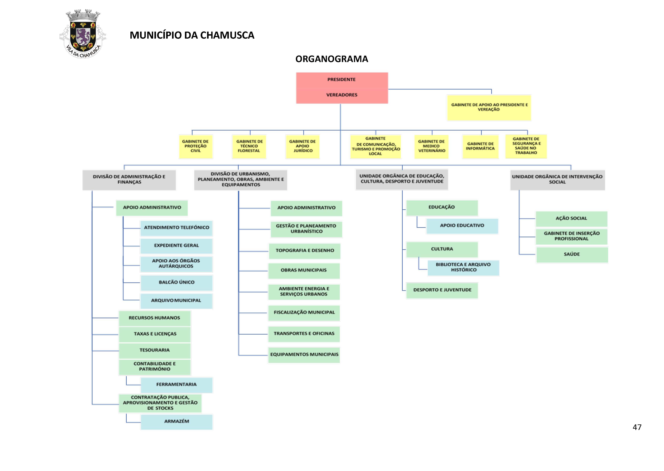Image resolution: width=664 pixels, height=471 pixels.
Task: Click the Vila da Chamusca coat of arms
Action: [83, 34]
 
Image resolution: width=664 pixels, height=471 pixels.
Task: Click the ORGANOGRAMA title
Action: [332, 59]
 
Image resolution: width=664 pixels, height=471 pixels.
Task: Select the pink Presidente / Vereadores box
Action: [342, 88]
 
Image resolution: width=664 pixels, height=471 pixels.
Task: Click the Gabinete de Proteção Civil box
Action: [196, 146]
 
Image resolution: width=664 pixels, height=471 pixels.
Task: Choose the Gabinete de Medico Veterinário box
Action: [431, 146]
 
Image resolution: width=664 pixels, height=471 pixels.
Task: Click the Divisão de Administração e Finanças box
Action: [129, 180]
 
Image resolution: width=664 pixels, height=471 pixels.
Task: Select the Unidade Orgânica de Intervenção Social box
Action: [557, 180]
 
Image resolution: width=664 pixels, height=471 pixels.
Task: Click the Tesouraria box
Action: [155, 350]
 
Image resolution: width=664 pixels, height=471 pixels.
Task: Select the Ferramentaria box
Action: [176, 385]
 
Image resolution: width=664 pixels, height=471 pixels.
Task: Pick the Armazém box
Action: [176, 421]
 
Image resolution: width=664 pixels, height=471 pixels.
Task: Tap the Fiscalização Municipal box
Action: [304, 313]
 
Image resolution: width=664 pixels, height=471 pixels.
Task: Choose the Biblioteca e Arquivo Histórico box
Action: [463, 267]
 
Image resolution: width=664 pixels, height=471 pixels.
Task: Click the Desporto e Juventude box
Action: [442, 290]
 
